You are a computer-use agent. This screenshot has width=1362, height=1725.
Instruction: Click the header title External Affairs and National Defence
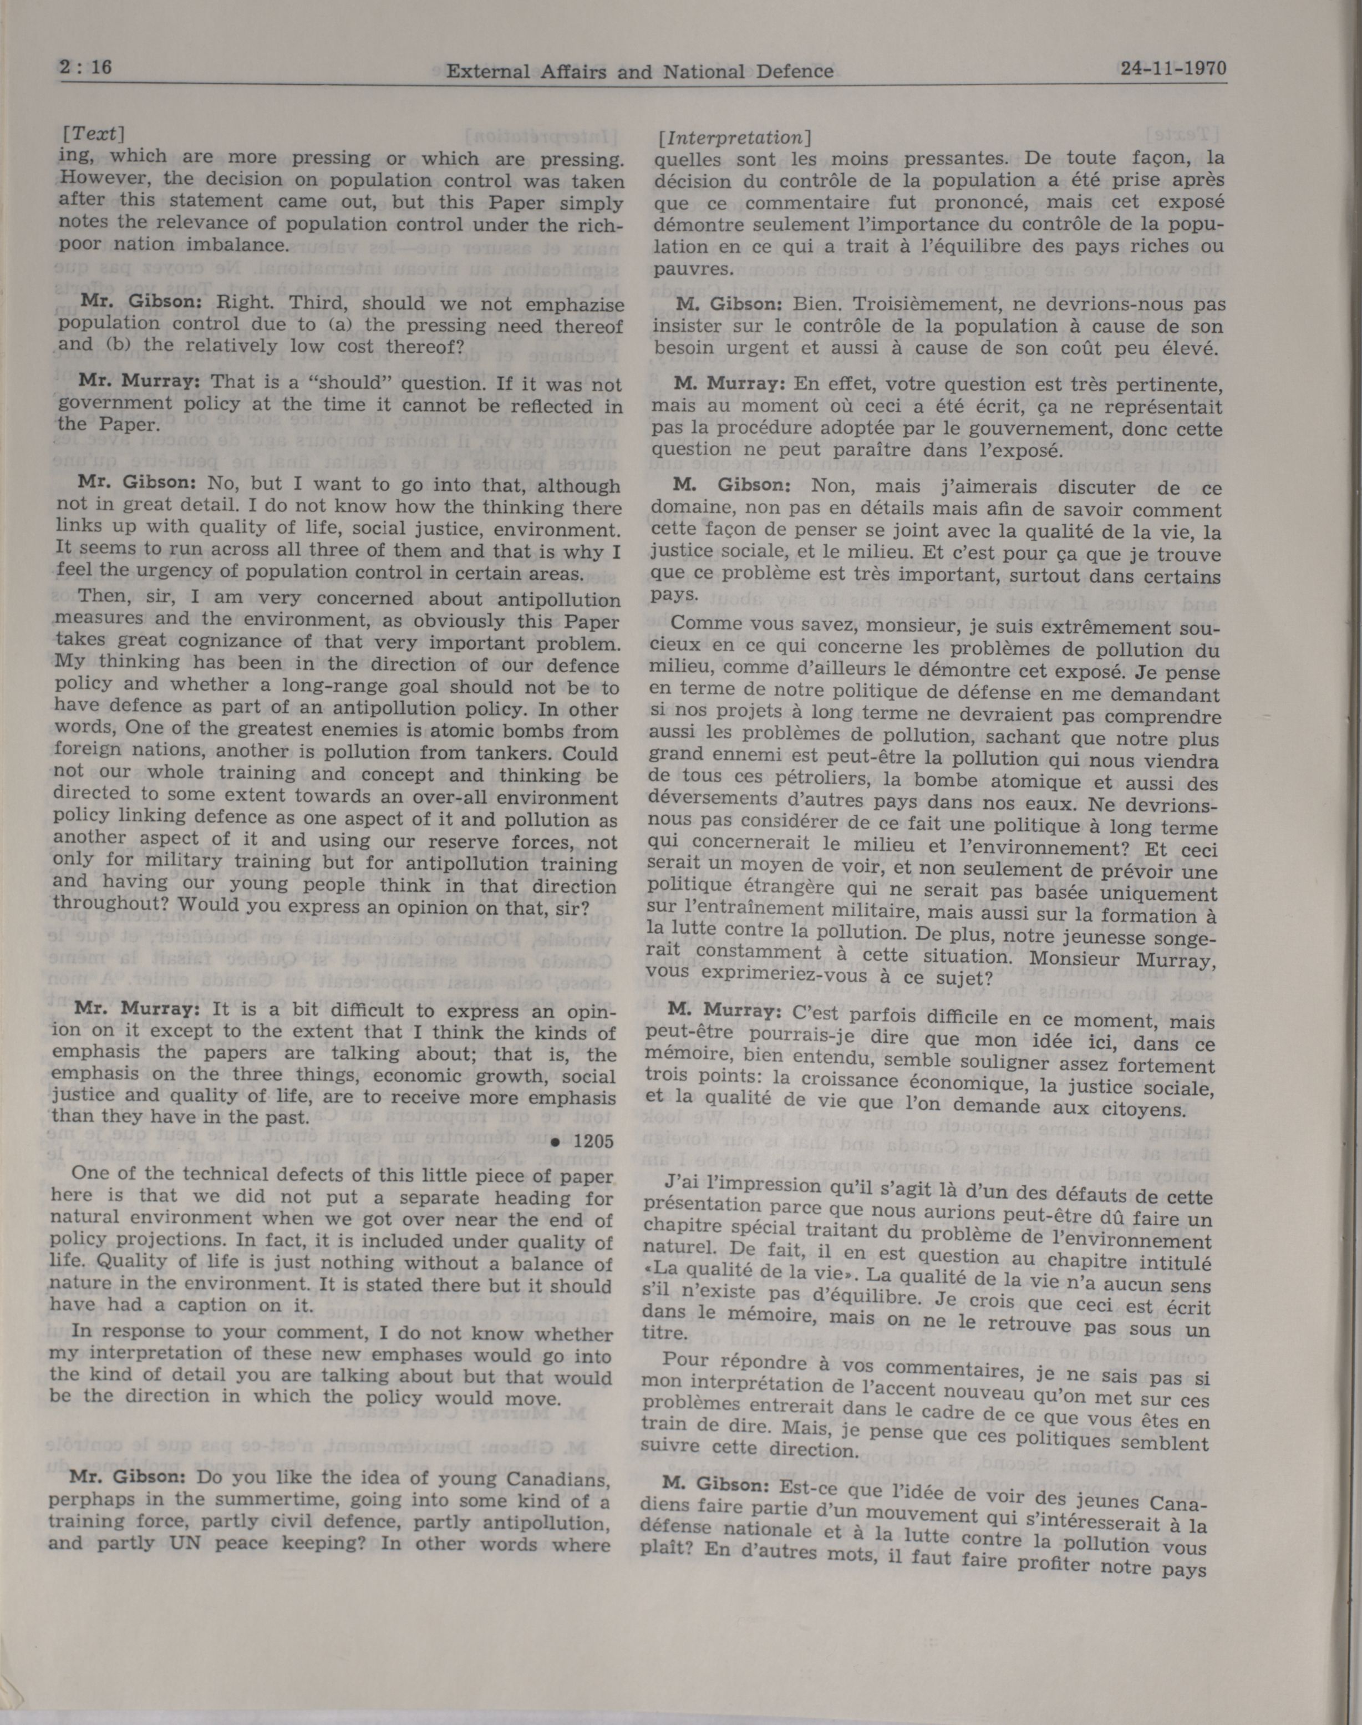point(639,72)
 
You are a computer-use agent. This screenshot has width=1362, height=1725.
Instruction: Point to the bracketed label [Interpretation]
point(734,137)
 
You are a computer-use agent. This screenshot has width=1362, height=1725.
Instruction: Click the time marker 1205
point(594,1141)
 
